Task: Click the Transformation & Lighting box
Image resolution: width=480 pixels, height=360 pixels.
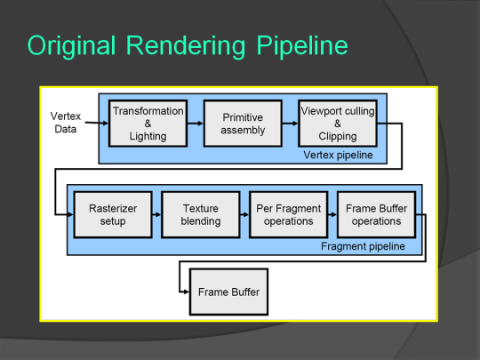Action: (148, 124)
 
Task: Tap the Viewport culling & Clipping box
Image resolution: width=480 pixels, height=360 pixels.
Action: (338, 124)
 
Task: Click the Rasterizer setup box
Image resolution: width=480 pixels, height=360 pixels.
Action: (107, 214)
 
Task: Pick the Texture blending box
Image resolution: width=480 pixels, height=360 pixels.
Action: (200, 214)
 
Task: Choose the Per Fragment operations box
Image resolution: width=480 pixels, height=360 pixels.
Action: (287, 214)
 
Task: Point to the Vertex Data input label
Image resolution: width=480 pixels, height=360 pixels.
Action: (63, 123)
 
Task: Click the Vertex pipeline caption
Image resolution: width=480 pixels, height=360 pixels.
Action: (338, 156)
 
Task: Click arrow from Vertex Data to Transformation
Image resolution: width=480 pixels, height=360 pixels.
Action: (97, 123)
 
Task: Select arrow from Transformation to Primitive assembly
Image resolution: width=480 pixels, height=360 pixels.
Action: (195, 124)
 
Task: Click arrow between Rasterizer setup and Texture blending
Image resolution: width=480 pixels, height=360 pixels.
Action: (150, 214)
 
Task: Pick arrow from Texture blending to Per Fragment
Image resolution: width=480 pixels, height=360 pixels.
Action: (244, 214)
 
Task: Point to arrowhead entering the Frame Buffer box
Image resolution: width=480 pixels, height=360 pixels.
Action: (186, 292)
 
